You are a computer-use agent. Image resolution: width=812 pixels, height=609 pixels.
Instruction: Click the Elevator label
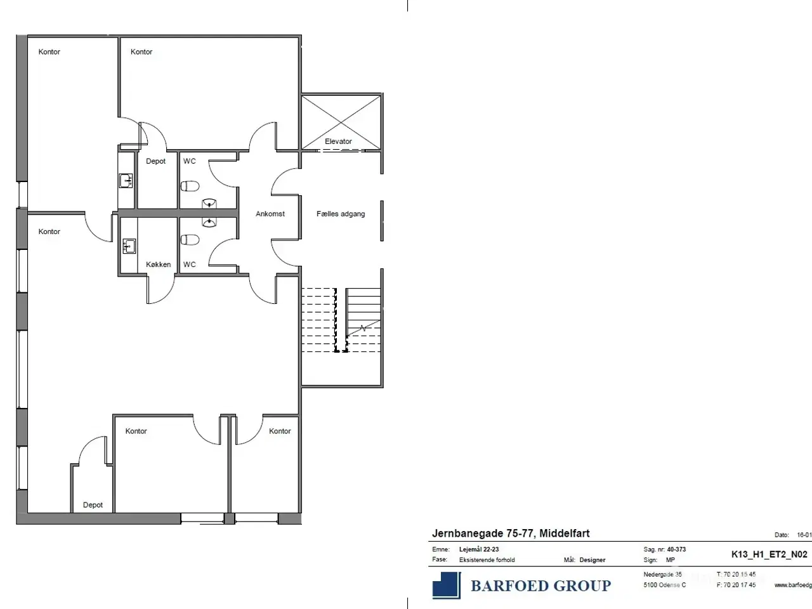coord(338,141)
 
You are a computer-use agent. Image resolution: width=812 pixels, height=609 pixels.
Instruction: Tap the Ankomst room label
coord(270,214)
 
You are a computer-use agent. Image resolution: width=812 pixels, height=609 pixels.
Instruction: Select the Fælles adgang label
coord(341,214)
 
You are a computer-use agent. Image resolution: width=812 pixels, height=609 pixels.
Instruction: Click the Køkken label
coord(158,265)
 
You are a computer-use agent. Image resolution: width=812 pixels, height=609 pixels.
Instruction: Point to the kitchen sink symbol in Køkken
coord(129,246)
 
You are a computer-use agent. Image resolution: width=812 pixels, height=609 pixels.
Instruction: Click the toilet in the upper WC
coord(190,186)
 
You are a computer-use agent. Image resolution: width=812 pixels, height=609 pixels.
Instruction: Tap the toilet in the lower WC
coord(190,239)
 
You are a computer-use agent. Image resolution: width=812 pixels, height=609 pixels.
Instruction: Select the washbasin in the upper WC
coord(210,203)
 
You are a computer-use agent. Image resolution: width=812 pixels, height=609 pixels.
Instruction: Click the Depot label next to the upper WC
coord(155,161)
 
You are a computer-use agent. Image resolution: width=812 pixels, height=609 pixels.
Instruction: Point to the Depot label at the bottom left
coord(93,505)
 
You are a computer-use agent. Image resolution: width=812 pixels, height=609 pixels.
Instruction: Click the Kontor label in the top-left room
coord(49,52)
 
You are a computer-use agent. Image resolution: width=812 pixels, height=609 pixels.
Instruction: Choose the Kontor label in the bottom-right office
coord(280,431)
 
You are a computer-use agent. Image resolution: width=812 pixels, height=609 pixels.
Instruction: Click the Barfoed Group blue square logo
coord(447,585)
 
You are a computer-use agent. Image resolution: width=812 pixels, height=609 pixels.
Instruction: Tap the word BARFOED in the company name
coord(506,586)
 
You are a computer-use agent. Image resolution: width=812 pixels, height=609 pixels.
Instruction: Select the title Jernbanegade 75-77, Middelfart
coord(511,534)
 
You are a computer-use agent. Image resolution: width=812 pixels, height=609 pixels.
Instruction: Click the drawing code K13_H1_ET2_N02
coord(769,554)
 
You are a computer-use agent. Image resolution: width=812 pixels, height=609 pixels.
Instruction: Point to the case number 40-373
coord(676,549)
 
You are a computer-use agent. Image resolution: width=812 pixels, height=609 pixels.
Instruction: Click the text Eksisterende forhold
coord(487,560)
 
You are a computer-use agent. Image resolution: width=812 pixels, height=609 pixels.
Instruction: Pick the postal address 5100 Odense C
coord(664,585)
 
